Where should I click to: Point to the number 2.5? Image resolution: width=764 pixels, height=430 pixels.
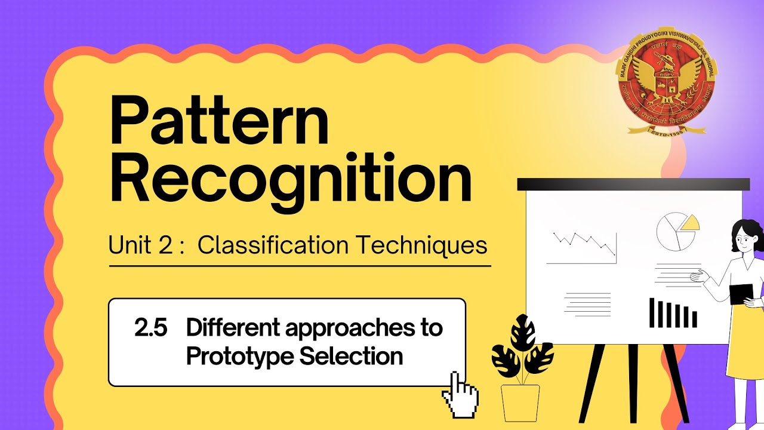pos(150,328)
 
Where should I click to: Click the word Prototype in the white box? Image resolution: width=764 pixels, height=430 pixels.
pos(239,357)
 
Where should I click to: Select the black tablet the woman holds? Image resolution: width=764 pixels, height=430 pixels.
pos(741,293)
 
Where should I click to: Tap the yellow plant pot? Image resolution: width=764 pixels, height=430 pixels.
pos(520,403)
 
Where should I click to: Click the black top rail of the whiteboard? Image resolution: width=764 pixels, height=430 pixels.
pos(633,185)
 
